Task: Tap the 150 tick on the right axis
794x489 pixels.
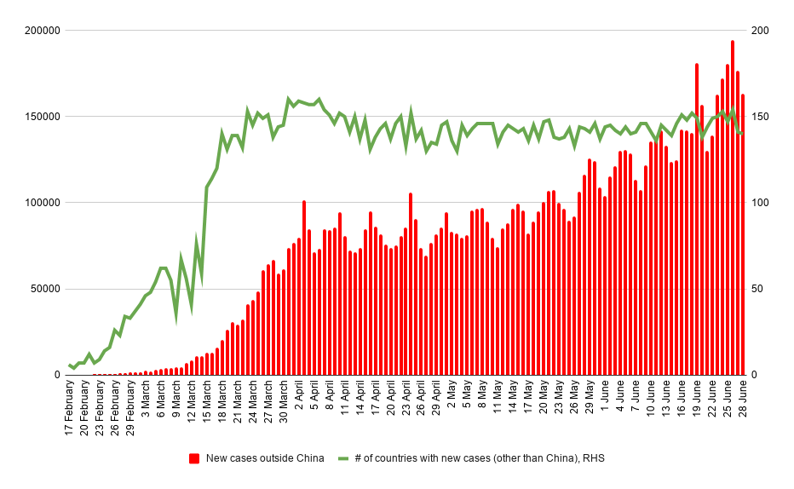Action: pyautogui.click(x=760, y=117)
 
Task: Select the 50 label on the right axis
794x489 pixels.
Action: pyautogui.click(x=757, y=289)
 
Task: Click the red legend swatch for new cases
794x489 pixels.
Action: pyautogui.click(x=194, y=458)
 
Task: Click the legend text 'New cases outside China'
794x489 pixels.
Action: pyautogui.click(x=265, y=458)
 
